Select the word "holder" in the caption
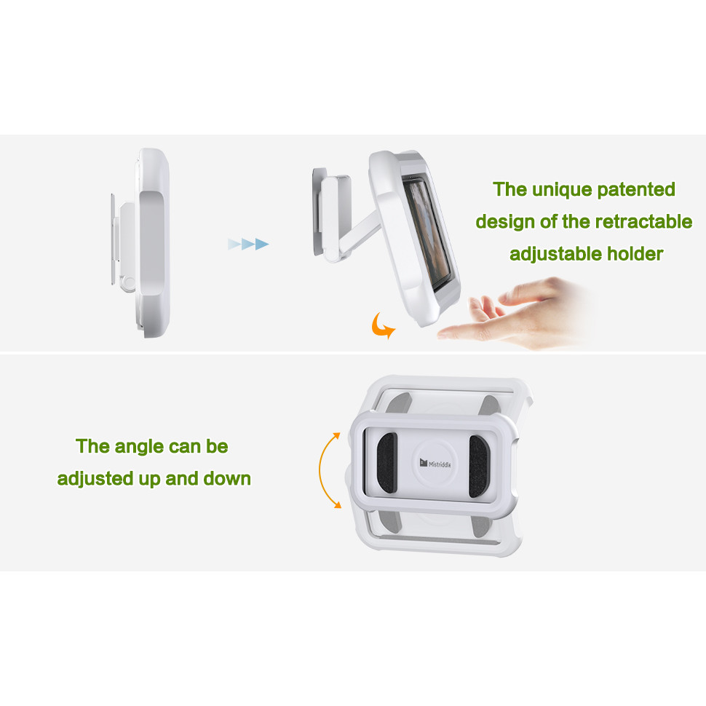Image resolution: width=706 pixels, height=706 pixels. pos(635,254)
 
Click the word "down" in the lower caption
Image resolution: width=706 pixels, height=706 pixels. pos(227,479)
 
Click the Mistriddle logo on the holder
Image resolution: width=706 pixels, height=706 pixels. pos(435,464)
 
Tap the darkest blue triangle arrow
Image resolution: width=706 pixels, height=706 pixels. pos(262,245)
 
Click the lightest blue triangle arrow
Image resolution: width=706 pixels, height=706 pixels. pos(234,245)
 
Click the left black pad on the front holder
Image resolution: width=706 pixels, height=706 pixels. pos(386,464)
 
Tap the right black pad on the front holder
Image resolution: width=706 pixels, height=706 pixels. pos(479,466)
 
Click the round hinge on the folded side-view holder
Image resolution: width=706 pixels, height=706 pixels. pos(128,282)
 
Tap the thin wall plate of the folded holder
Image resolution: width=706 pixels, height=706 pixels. pos(113,239)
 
